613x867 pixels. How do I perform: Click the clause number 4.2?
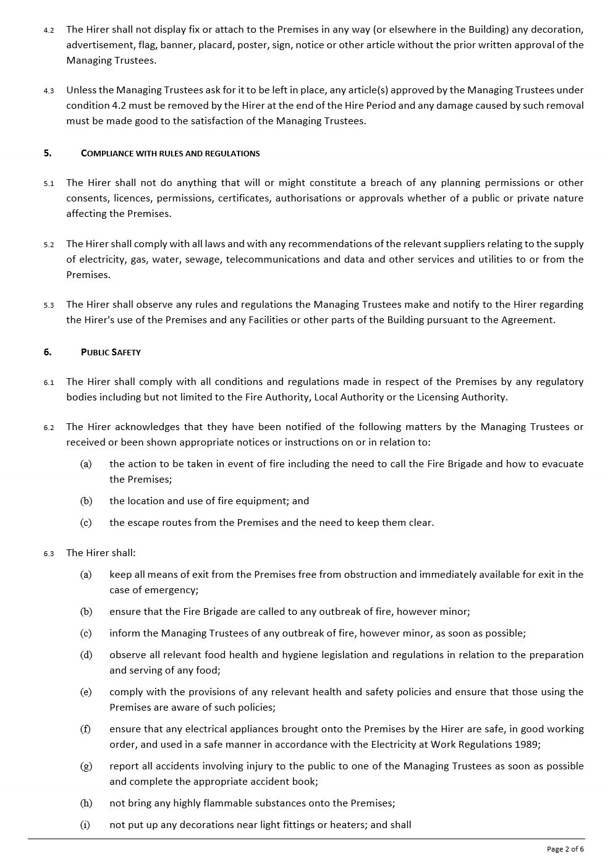point(49,30)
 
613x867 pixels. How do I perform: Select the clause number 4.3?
point(49,91)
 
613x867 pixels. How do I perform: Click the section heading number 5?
point(48,153)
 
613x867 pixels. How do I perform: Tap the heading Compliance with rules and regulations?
point(170,153)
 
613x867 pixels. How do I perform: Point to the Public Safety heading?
point(111,352)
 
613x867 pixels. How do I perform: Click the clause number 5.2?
point(49,245)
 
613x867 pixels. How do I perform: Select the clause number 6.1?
point(49,383)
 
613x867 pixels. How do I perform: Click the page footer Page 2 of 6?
point(565,849)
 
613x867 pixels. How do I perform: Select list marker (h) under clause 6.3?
point(86,803)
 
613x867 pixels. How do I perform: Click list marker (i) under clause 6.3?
point(85,824)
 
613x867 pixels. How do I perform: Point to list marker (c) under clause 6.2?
point(86,522)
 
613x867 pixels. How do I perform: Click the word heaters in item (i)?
point(350,824)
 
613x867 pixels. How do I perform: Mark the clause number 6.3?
point(49,554)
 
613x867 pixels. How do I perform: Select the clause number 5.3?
point(49,305)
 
